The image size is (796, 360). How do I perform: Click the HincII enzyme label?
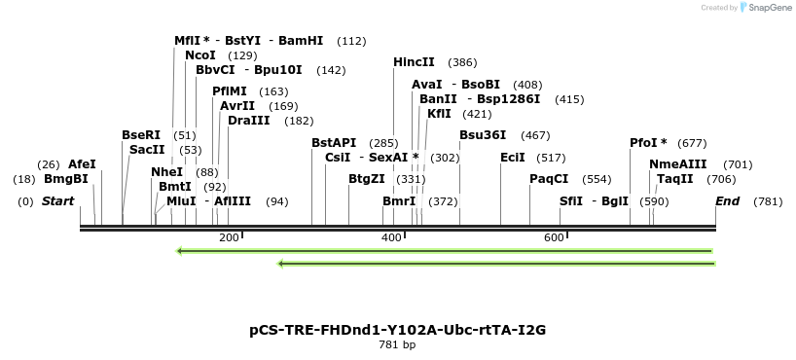[414, 62]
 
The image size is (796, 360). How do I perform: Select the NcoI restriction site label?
[199, 55]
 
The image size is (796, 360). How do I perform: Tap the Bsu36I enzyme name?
[483, 134]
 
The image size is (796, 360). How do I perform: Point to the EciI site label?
[512, 157]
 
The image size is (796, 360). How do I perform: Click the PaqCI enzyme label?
[549, 179]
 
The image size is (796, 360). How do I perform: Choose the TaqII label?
[674, 179]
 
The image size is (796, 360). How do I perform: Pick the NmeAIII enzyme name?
[678, 164]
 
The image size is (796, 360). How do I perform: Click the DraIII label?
[249, 121]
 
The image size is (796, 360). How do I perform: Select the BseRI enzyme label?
[141, 135]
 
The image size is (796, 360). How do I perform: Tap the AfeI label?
[82, 164]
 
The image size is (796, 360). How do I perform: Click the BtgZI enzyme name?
[367, 179]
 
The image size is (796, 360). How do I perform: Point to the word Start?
[57, 201]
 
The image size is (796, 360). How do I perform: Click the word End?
[727, 201]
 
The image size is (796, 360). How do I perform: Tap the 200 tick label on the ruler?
[229, 237]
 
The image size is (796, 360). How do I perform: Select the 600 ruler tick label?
[554, 237]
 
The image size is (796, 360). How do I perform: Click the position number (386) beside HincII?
[462, 62]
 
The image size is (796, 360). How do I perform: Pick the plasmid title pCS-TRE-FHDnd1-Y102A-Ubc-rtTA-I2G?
[397, 330]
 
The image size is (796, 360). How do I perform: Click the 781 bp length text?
[397, 344]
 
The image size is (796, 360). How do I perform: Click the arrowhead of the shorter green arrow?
[281, 264]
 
